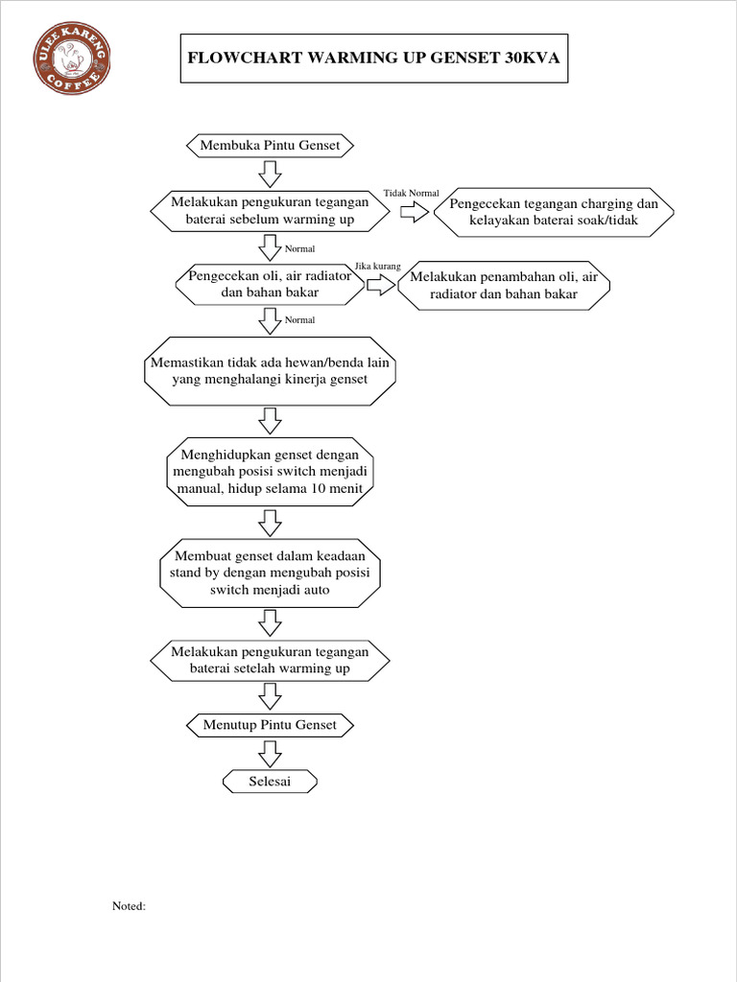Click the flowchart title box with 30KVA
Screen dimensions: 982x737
374,58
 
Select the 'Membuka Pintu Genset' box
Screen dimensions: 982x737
270,146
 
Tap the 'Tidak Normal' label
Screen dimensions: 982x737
411,194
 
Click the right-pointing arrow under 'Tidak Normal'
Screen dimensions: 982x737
415,213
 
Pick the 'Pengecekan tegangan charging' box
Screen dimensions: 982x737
554,212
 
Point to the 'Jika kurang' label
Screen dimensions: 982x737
377,266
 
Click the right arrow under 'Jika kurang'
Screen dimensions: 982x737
380,285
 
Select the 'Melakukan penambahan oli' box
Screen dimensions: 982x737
504,285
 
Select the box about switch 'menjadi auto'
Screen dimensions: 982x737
270,573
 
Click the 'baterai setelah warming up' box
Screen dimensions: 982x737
270,660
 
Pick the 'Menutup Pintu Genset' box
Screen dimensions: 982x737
270,725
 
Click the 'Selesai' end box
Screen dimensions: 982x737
270,783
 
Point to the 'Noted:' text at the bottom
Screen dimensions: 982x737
130,905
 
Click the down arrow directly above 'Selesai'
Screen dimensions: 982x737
270,754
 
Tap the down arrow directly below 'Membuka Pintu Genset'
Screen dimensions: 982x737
270,174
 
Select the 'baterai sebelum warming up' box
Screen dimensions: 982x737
270,212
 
